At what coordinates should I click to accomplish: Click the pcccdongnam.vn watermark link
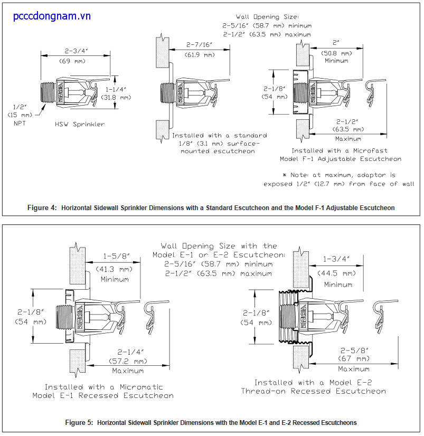pos(52,16)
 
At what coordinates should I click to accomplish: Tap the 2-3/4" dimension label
pos(76,51)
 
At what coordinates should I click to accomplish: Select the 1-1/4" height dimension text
pos(116,89)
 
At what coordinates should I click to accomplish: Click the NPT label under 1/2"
pos(20,123)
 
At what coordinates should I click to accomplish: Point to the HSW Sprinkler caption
pos(80,124)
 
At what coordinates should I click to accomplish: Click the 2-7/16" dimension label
pos(199,44)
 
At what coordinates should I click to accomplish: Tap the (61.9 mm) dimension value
pos(200,55)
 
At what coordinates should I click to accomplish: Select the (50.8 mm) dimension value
pos(336,53)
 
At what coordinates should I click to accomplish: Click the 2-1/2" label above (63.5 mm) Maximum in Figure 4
pos(347,122)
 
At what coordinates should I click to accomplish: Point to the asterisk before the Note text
pos(284,175)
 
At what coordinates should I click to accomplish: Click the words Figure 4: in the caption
pos(42,208)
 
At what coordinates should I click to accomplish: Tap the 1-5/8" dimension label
pos(117,256)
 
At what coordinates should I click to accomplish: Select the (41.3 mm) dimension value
pos(114,269)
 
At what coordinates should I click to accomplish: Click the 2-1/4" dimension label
pos(130,352)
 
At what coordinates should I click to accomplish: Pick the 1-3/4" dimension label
pos(336,259)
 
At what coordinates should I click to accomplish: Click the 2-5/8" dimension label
pos(354,350)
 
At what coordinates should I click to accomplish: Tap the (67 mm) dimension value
pos(354,358)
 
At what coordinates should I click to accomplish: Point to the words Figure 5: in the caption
pos(79,423)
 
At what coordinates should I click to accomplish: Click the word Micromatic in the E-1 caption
pos(142,387)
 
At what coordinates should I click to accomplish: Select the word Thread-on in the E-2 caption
pos(263,391)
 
